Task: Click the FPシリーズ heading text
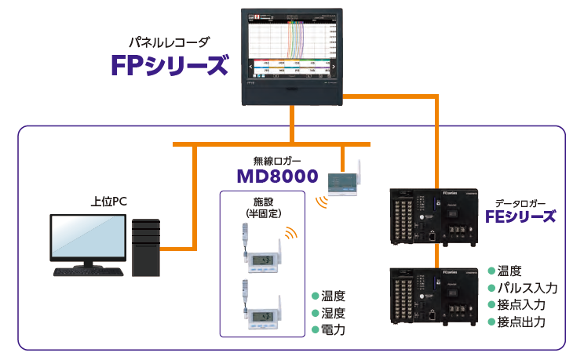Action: [170, 64]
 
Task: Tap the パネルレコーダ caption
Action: [170, 41]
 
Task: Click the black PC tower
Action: [147, 246]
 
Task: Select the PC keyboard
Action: [88, 271]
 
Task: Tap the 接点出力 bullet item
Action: [520, 322]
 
